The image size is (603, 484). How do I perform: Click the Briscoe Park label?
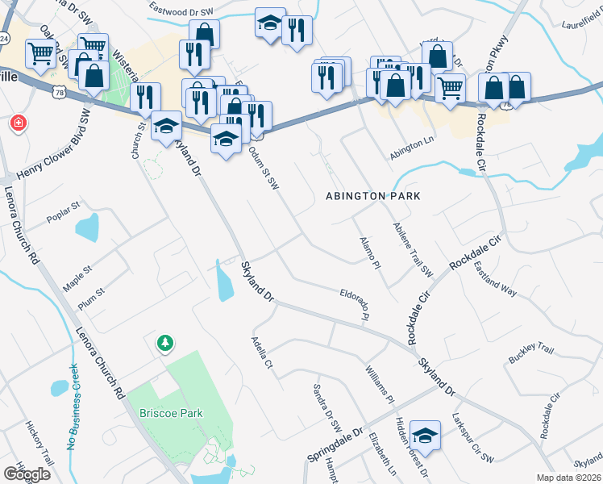[x=165, y=413]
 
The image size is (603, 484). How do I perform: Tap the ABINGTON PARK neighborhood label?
[x=373, y=196]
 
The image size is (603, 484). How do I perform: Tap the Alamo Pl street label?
[x=367, y=252]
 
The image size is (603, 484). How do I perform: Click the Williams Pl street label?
[x=379, y=385]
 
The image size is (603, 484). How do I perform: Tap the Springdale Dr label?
[x=335, y=445]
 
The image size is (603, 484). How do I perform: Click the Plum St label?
[x=91, y=299]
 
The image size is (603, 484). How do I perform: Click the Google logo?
[x=27, y=474]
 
